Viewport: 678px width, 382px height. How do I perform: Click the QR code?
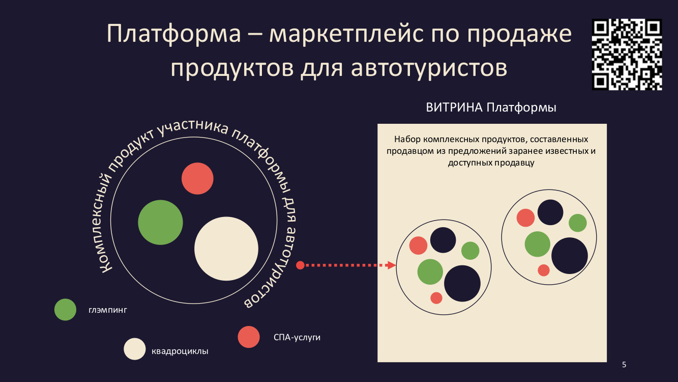coord(627,54)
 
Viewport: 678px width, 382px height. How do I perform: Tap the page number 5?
coord(624,365)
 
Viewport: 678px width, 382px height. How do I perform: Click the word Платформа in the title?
coord(174,33)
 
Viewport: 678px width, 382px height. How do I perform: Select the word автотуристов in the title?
coord(429,68)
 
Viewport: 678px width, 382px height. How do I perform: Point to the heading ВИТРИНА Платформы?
coord(491,107)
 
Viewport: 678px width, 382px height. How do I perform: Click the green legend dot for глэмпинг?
coord(65,310)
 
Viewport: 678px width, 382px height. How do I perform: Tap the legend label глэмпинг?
coord(108,310)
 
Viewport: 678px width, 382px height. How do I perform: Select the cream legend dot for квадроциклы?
coord(135,349)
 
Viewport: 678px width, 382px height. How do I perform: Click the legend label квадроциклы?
coord(180,351)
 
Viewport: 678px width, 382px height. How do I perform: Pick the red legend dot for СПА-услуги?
coord(249,337)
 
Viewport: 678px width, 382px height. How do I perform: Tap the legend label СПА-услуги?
coord(297,337)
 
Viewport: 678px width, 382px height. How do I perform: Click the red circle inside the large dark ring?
coord(197,179)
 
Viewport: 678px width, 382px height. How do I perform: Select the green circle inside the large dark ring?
coord(160,222)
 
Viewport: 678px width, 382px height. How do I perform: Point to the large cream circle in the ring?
coord(226,249)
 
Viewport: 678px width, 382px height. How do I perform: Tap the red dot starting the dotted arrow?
coord(300,265)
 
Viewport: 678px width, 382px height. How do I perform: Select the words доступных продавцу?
coord(491,163)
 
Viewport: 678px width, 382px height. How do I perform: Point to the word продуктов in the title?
coord(232,68)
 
